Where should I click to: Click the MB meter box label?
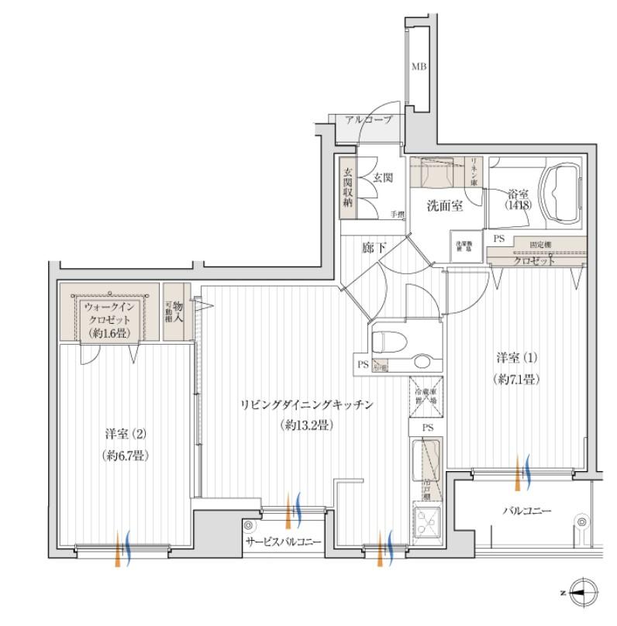pos(418,67)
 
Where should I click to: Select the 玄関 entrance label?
pos(383,177)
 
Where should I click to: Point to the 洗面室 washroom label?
pos(446,205)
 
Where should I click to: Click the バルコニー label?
pos(526,511)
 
